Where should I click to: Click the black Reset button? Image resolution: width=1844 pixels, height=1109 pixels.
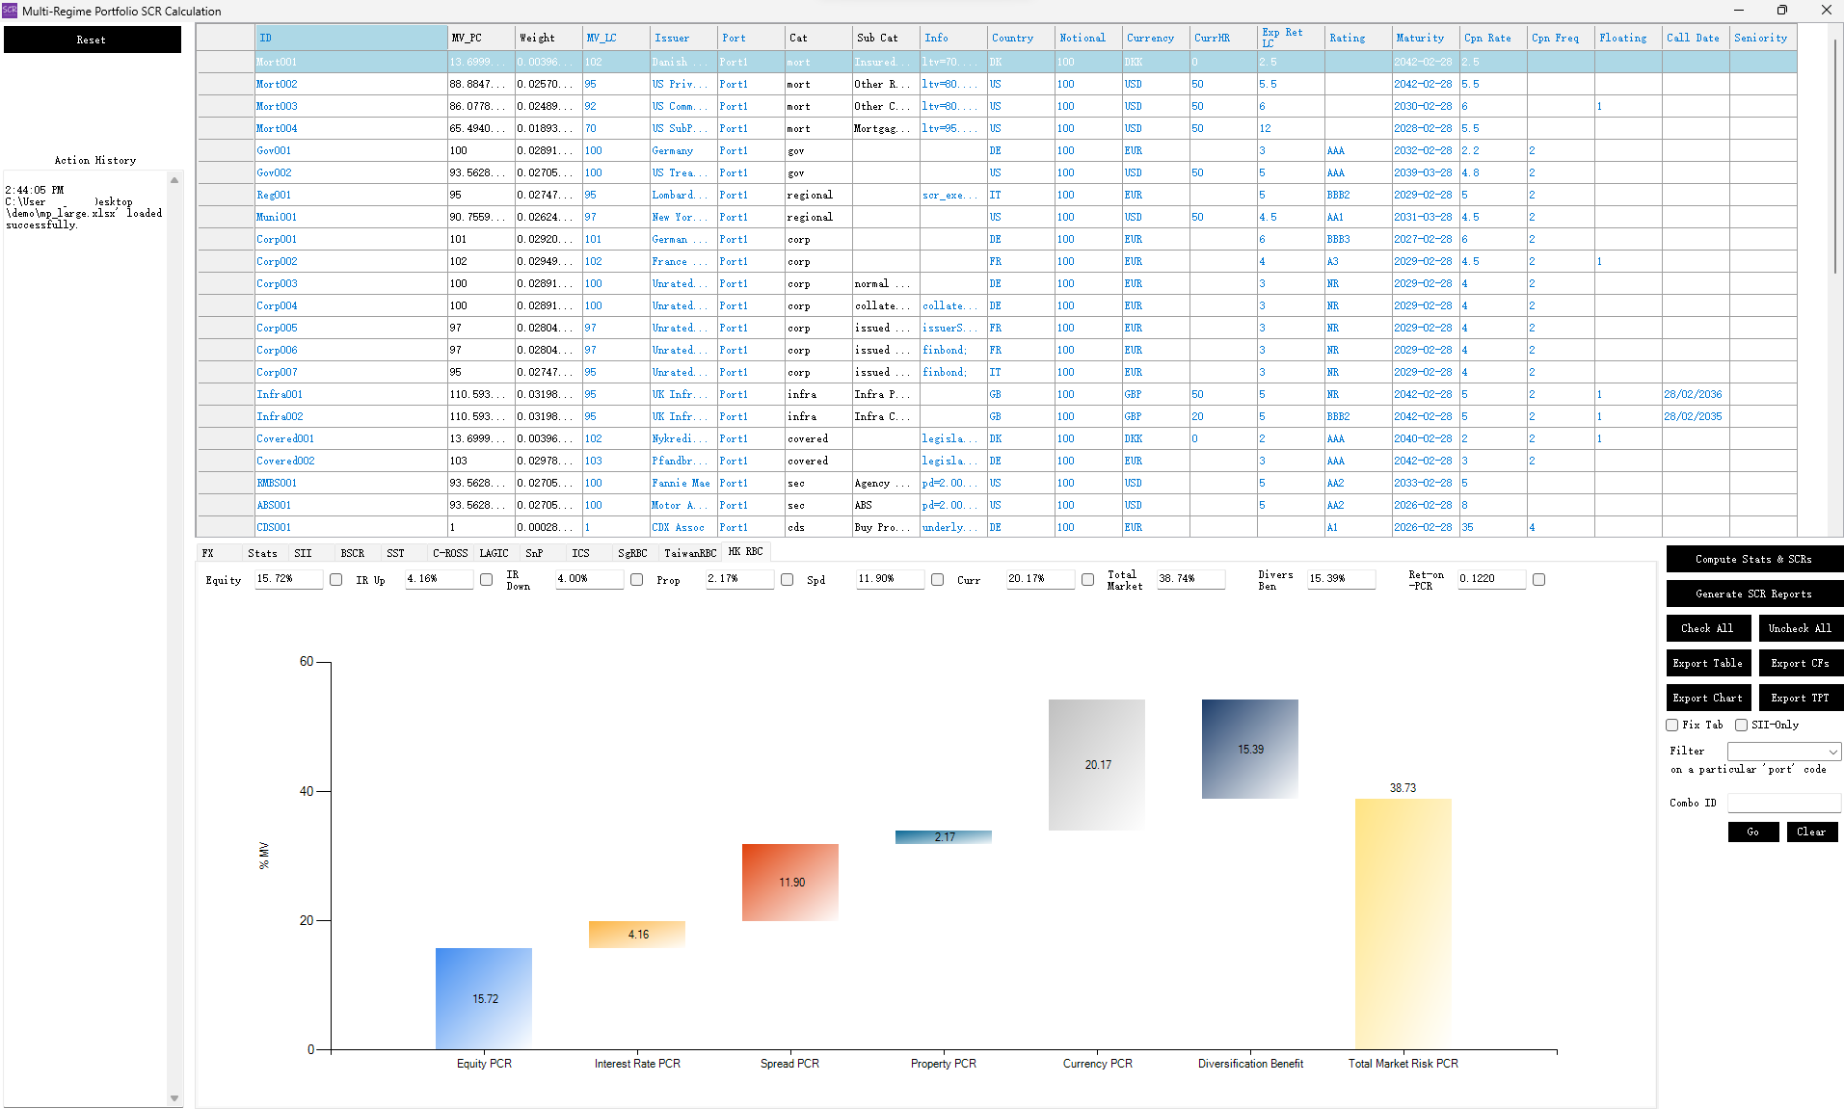click(x=92, y=40)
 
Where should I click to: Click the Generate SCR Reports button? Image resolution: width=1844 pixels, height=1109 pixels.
click(x=1753, y=594)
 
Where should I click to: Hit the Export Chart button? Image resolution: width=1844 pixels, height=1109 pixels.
click(x=1707, y=698)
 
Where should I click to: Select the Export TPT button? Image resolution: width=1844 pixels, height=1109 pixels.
click(x=1800, y=698)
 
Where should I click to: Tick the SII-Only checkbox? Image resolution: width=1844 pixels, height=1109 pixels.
click(x=1741, y=725)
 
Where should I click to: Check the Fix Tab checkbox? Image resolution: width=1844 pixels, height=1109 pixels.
click(x=1672, y=725)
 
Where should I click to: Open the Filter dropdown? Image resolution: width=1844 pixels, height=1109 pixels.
click(x=1783, y=752)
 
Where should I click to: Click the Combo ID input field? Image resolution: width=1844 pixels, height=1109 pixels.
click(x=1783, y=803)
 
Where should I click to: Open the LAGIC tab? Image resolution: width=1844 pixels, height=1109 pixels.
click(x=494, y=553)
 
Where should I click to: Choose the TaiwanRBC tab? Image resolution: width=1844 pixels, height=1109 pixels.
click(x=690, y=553)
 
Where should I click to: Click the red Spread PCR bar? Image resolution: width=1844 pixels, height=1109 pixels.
click(x=789, y=882)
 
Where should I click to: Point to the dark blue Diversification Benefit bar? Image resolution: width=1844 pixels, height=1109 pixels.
click(x=1249, y=749)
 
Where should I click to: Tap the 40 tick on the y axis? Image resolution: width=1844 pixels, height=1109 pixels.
click(x=307, y=791)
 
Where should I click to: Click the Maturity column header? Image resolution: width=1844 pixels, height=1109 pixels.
click(x=1420, y=38)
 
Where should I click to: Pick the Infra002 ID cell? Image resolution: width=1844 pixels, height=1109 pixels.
click(x=280, y=416)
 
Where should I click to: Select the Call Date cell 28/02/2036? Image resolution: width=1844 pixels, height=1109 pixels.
click(x=1693, y=394)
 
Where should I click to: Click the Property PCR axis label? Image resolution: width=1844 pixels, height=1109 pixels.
click(x=943, y=1064)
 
